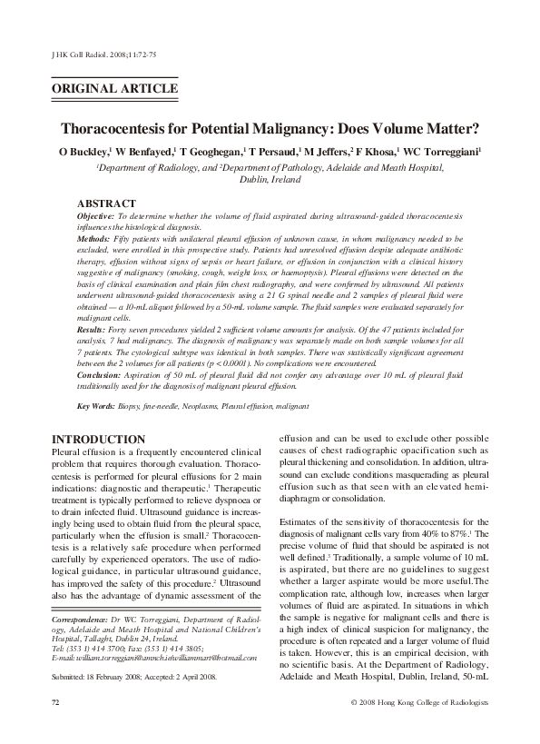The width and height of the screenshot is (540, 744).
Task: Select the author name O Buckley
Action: coord(83,152)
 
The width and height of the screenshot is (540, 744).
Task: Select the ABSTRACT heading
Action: coord(106,203)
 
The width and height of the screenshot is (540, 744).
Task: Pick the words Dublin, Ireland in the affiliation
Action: coord(270,181)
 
